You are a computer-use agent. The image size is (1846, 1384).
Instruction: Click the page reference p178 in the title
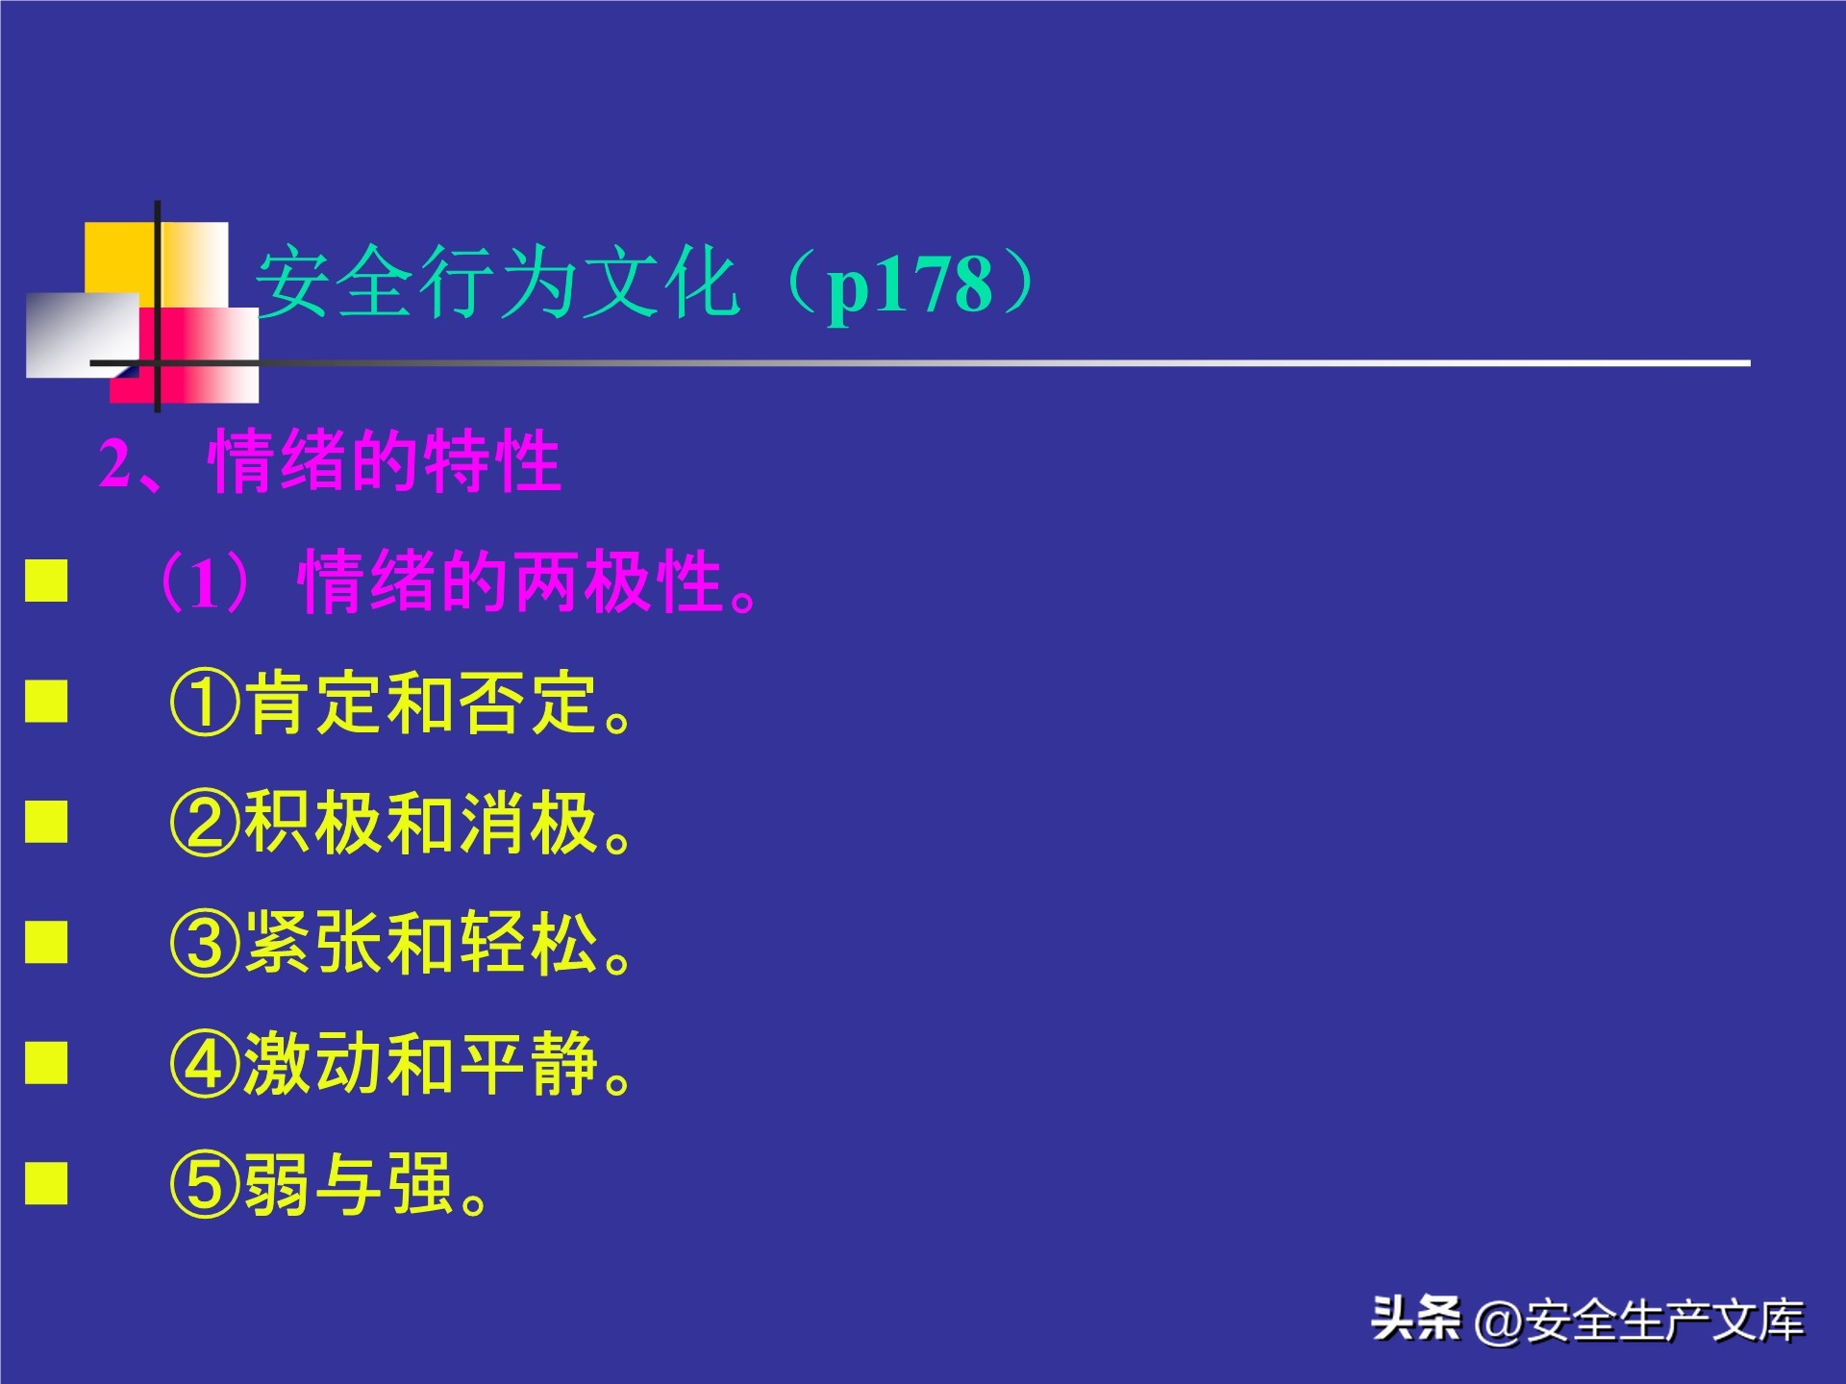(x=909, y=285)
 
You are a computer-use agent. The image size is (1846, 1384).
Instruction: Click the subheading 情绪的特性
(x=385, y=462)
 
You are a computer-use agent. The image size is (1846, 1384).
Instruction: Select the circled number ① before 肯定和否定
(x=204, y=703)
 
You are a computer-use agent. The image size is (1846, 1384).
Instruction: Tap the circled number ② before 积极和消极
(x=204, y=824)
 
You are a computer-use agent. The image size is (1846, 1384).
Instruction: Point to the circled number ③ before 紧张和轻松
(x=204, y=944)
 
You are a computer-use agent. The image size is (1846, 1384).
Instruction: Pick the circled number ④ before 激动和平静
(x=204, y=1065)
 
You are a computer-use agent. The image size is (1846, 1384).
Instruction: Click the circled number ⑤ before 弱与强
(x=204, y=1185)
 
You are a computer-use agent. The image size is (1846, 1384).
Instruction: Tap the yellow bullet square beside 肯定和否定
(x=46, y=701)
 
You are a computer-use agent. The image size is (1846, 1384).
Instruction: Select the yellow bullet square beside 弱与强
(x=46, y=1183)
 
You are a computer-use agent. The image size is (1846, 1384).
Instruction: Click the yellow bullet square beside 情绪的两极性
(x=46, y=581)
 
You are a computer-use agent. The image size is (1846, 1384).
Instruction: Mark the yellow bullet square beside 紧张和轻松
(x=46, y=942)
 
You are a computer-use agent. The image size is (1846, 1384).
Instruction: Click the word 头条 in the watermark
(x=1415, y=1319)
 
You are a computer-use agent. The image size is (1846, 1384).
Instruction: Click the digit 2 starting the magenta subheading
(x=114, y=464)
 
